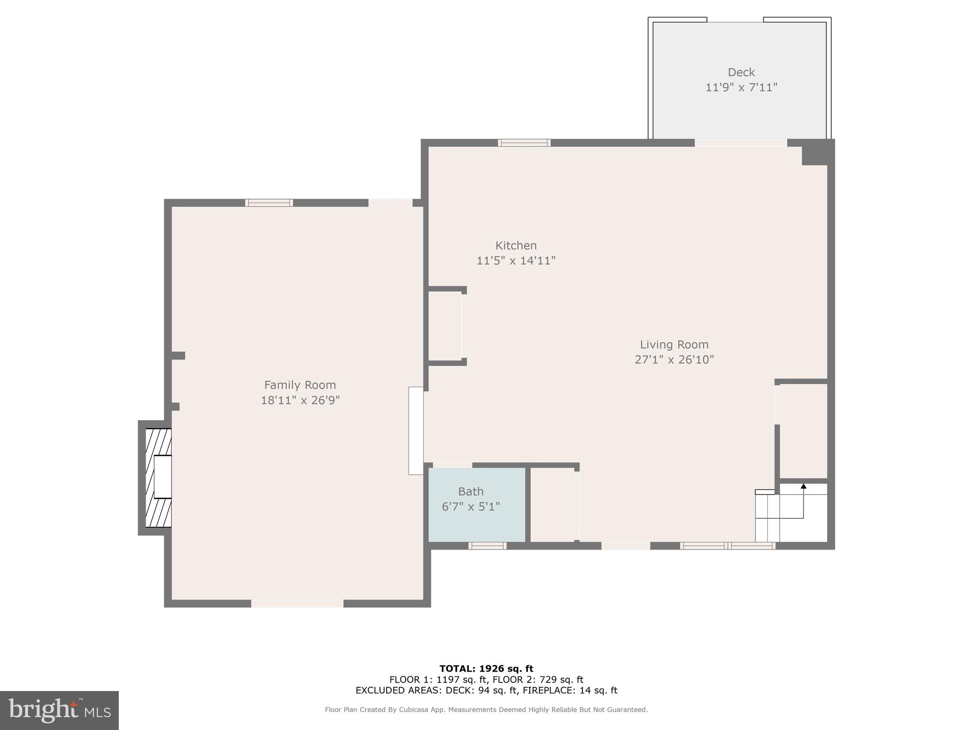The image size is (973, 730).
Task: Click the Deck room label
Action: coord(741,72)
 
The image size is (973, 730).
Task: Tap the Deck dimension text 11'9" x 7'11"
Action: coord(741,87)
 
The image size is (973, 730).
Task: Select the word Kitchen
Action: coord(515,246)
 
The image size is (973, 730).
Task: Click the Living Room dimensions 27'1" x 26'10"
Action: coord(674,360)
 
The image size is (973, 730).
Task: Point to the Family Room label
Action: coord(300,385)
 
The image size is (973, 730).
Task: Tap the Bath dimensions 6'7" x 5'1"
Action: coord(470,507)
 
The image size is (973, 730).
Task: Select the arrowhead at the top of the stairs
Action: coord(803,486)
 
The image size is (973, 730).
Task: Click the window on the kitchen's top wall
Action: coord(524,143)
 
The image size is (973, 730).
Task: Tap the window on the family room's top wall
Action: coord(269,203)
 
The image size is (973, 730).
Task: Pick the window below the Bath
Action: coord(487,546)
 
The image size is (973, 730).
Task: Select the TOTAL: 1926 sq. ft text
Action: coord(486,669)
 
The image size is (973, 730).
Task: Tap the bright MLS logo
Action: coord(59,710)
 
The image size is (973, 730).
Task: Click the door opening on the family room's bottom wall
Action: coord(297,604)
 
